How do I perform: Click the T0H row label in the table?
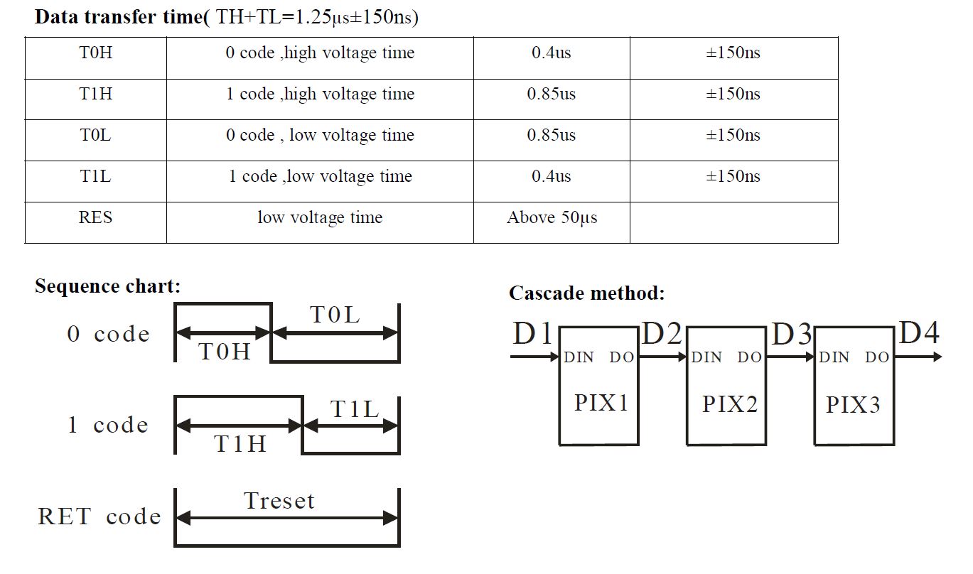click(x=95, y=53)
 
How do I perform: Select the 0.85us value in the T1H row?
click(x=551, y=94)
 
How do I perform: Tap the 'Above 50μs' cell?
click(x=552, y=218)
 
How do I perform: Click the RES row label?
click(x=95, y=218)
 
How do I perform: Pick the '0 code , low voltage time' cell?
click(x=320, y=136)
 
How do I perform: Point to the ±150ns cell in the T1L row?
click(x=733, y=177)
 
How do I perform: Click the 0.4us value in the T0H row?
click(x=551, y=53)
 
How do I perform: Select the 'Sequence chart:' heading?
click(x=107, y=286)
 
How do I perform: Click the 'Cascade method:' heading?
click(x=586, y=293)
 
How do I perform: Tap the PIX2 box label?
click(x=729, y=404)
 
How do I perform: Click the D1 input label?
click(x=532, y=334)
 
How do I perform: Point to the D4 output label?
click(x=919, y=332)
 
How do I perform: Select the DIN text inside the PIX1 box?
click(x=579, y=358)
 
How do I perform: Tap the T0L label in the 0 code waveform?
click(x=335, y=315)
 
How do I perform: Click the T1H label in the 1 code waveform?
click(x=240, y=444)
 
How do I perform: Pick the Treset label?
click(x=279, y=501)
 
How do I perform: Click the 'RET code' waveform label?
click(x=100, y=516)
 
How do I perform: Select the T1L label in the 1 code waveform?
click(x=355, y=409)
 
